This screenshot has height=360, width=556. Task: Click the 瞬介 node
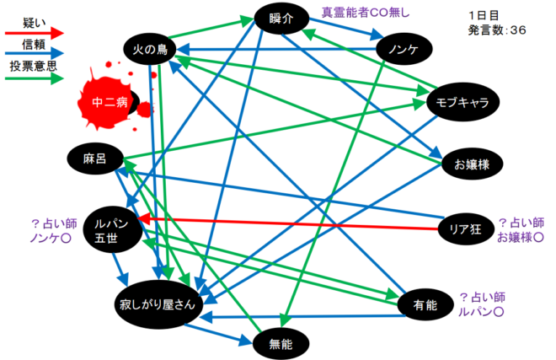pyautogui.click(x=281, y=19)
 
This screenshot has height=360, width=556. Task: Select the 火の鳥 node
pyautogui.click(x=150, y=49)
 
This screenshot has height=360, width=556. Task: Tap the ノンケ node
pyautogui.click(x=404, y=49)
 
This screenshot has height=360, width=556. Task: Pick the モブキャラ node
pyautogui.click(x=462, y=102)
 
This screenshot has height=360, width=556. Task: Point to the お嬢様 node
pyautogui.click(x=472, y=164)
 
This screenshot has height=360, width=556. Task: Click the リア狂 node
pyautogui.click(x=466, y=229)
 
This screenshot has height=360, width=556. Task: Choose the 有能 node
pyautogui.click(x=425, y=304)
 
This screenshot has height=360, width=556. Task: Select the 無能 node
pyautogui.click(x=281, y=344)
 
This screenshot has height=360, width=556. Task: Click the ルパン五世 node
pyautogui.click(x=112, y=229)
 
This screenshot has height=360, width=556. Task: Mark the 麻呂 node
pyautogui.click(x=95, y=159)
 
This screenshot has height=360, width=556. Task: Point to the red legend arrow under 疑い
pyautogui.click(x=34, y=33)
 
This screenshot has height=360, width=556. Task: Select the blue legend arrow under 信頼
pyautogui.click(x=34, y=54)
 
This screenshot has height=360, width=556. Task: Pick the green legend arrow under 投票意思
pyautogui.click(x=34, y=78)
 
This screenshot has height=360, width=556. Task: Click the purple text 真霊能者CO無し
pyautogui.click(x=366, y=13)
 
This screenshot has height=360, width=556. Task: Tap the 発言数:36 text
pyautogui.click(x=497, y=30)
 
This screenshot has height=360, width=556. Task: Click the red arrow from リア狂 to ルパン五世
pyautogui.click(x=288, y=223)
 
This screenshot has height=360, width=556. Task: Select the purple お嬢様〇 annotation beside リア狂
pyautogui.click(x=521, y=238)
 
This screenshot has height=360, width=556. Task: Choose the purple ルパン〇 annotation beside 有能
pyautogui.click(x=481, y=312)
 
